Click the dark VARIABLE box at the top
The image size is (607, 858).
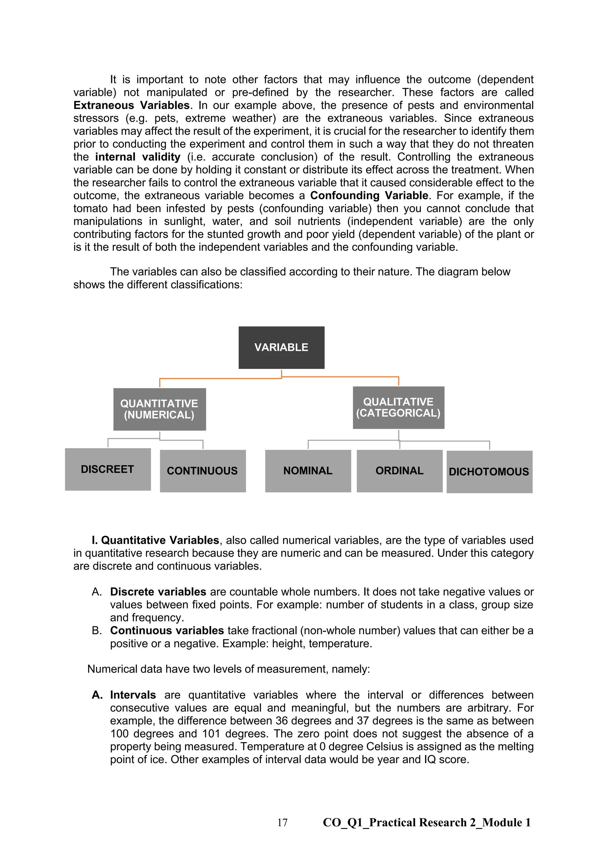(x=282, y=348)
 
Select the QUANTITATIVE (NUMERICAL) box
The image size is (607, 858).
(x=159, y=409)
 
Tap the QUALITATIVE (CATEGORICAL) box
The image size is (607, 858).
(x=398, y=407)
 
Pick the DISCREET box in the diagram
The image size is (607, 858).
(x=108, y=469)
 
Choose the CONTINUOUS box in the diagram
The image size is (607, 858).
(x=203, y=471)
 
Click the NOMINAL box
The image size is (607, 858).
(x=308, y=471)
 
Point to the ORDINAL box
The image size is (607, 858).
(x=400, y=471)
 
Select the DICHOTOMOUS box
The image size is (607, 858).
(x=489, y=472)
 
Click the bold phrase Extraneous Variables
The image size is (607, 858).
(x=132, y=105)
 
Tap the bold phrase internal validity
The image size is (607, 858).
(x=138, y=157)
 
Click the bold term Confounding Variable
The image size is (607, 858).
(x=369, y=196)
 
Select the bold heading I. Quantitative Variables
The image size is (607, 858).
(x=155, y=540)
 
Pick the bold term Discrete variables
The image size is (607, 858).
(x=158, y=592)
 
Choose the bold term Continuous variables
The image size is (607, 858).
(x=167, y=630)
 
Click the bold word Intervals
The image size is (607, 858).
(x=133, y=695)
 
